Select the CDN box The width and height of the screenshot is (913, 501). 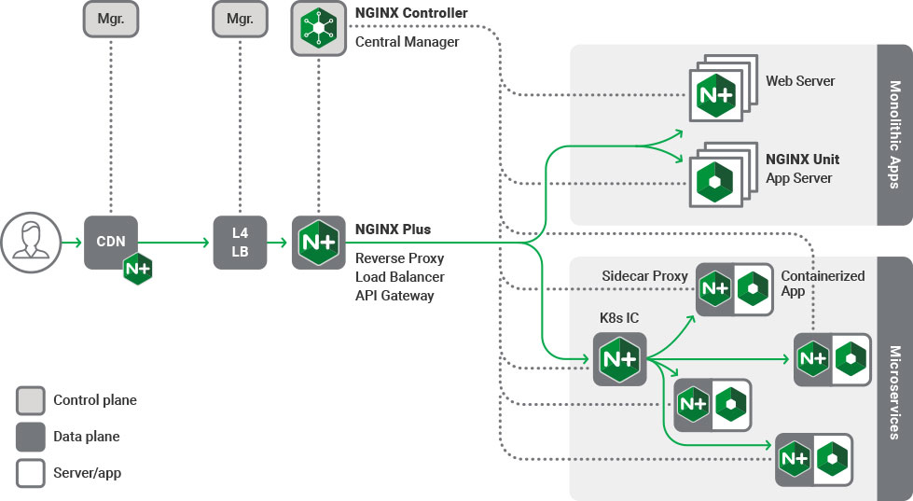[x=111, y=242]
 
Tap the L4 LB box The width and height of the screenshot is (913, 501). [x=240, y=242]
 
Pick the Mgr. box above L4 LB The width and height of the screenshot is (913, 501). [x=240, y=18]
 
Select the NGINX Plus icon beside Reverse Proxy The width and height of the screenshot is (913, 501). [x=318, y=243]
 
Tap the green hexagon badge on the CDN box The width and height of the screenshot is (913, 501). [x=138, y=269]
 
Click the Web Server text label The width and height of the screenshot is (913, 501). [x=800, y=81]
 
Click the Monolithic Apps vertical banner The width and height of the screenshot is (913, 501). [x=894, y=134]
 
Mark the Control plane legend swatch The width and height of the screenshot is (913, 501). [x=31, y=400]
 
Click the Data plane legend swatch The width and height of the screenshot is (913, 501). [x=31, y=437]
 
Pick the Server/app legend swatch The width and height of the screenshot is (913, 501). [x=31, y=473]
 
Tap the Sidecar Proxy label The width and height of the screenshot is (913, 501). [x=644, y=276]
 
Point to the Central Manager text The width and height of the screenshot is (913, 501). [x=407, y=41]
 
